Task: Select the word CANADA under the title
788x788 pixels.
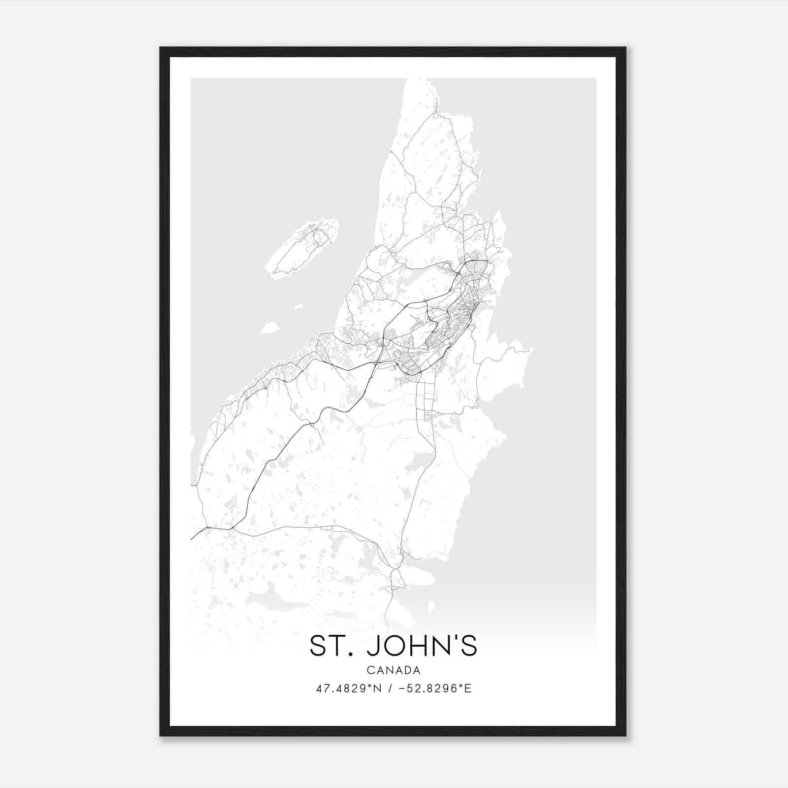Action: (x=393, y=670)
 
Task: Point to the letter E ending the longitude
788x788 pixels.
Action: (x=468, y=689)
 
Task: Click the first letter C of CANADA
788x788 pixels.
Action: (x=370, y=670)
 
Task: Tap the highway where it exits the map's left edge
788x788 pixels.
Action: (x=192, y=538)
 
